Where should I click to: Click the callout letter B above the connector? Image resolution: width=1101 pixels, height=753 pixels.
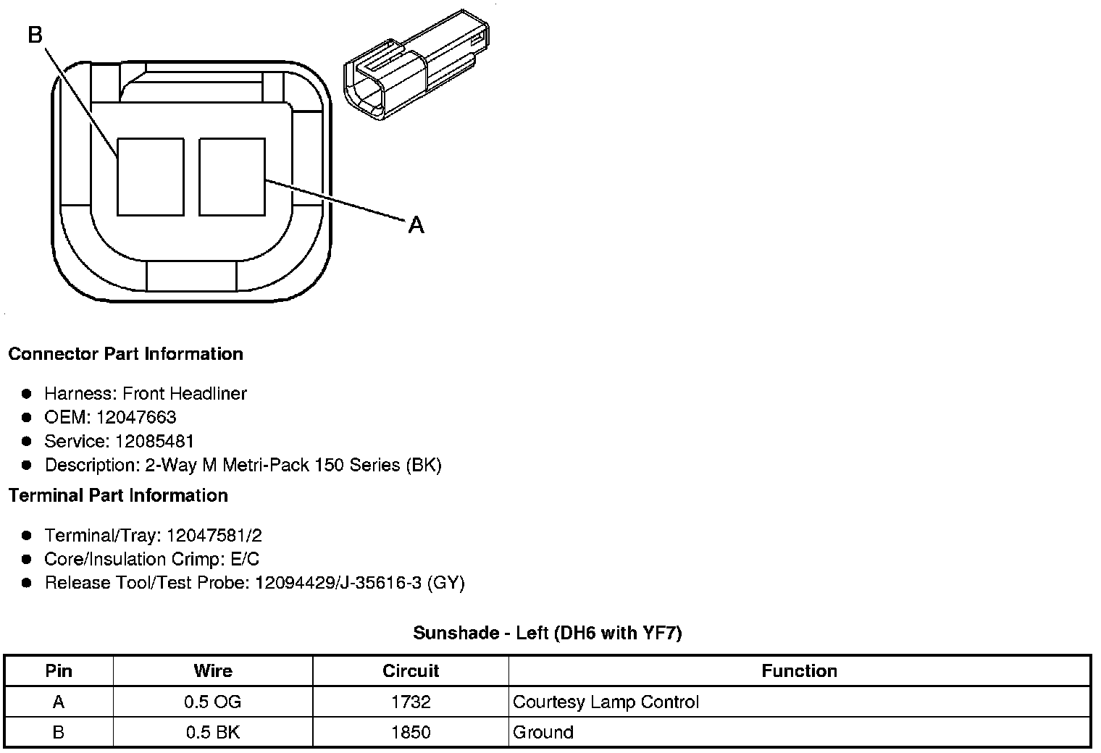coord(35,35)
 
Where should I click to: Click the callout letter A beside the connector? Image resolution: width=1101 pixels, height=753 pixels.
coord(416,225)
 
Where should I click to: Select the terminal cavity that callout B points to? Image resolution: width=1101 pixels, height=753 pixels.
coord(151,177)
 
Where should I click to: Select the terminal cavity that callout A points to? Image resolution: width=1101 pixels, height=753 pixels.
coord(232,177)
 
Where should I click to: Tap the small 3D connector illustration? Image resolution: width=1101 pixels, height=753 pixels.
coord(416,64)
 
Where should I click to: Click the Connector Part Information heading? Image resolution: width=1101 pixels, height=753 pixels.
coord(126,353)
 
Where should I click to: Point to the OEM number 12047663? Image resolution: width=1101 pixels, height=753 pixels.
coord(136,417)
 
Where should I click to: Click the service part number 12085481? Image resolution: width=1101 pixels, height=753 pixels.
coord(154,441)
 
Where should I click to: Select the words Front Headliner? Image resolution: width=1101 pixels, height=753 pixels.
coord(185,393)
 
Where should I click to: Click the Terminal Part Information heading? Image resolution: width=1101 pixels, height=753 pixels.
coord(119,495)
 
